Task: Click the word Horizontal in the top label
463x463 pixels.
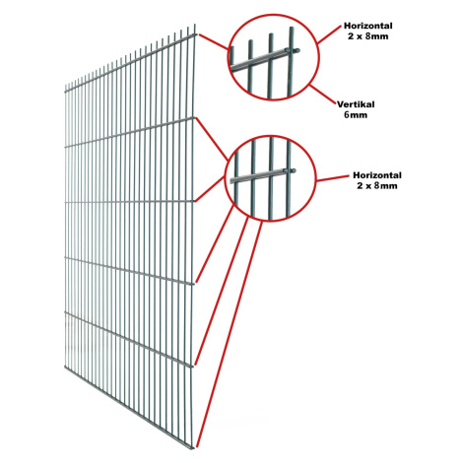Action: pos(367,26)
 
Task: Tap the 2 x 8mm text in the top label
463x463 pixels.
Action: pos(367,36)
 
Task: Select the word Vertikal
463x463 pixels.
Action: pos(356,104)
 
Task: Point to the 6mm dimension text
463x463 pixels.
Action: pos(356,115)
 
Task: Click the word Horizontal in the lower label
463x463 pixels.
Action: pos(377,175)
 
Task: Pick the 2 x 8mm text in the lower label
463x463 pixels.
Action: pos(377,186)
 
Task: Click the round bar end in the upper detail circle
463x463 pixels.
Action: pos(297,50)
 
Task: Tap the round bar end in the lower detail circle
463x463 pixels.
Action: pos(293,170)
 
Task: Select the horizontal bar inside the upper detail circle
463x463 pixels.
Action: pos(263,59)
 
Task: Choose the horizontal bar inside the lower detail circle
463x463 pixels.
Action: pos(262,175)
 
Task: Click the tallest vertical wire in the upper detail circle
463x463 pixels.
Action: pos(291,61)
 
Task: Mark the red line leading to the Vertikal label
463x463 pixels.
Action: pos(323,95)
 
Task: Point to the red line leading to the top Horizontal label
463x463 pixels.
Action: pos(329,33)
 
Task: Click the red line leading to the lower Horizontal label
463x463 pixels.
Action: pos(332,178)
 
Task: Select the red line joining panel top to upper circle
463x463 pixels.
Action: pos(214,42)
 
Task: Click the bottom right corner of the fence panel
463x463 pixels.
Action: pos(193,448)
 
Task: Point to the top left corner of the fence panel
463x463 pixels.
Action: pos(65,86)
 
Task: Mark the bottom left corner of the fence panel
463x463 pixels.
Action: pos(65,366)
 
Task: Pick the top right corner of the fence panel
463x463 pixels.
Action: pos(195,25)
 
